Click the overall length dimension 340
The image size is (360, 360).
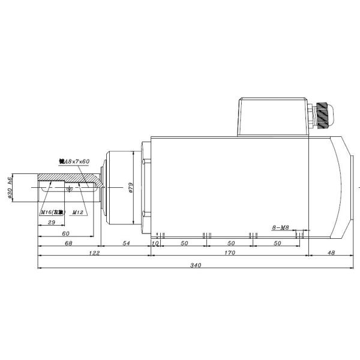pos(195,265)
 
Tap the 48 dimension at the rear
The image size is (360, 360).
pos(331,254)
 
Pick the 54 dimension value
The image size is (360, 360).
pos(125,243)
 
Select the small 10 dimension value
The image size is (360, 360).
pos(155,243)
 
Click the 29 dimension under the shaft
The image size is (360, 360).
pos(51,223)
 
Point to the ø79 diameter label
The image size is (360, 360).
pos(131,190)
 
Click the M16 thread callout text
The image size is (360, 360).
pos(52,212)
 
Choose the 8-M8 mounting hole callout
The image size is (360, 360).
pos(280,227)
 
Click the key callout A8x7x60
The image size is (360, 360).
pos(74,162)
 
